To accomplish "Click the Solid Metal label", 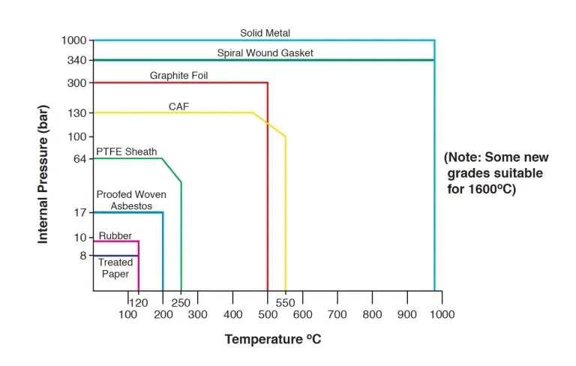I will (265, 33).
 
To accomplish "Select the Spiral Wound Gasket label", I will (265, 53).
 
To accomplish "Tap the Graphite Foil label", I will (178, 76).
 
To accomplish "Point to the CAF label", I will (178, 106).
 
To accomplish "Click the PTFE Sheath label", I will (127, 151).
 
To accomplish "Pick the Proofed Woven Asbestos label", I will (131, 199).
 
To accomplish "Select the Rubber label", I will (115, 235).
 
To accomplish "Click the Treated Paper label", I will (115, 268).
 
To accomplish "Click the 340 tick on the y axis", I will (78, 60).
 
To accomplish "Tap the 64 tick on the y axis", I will (81, 158).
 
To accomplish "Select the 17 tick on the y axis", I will (81, 212).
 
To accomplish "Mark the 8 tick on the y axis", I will (83, 256).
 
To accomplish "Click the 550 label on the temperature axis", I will (285, 303).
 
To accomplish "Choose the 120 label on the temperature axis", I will (139, 303).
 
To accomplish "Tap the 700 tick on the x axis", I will (337, 314).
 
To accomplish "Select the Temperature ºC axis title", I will (273, 340).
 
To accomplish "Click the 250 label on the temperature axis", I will (181, 303).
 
